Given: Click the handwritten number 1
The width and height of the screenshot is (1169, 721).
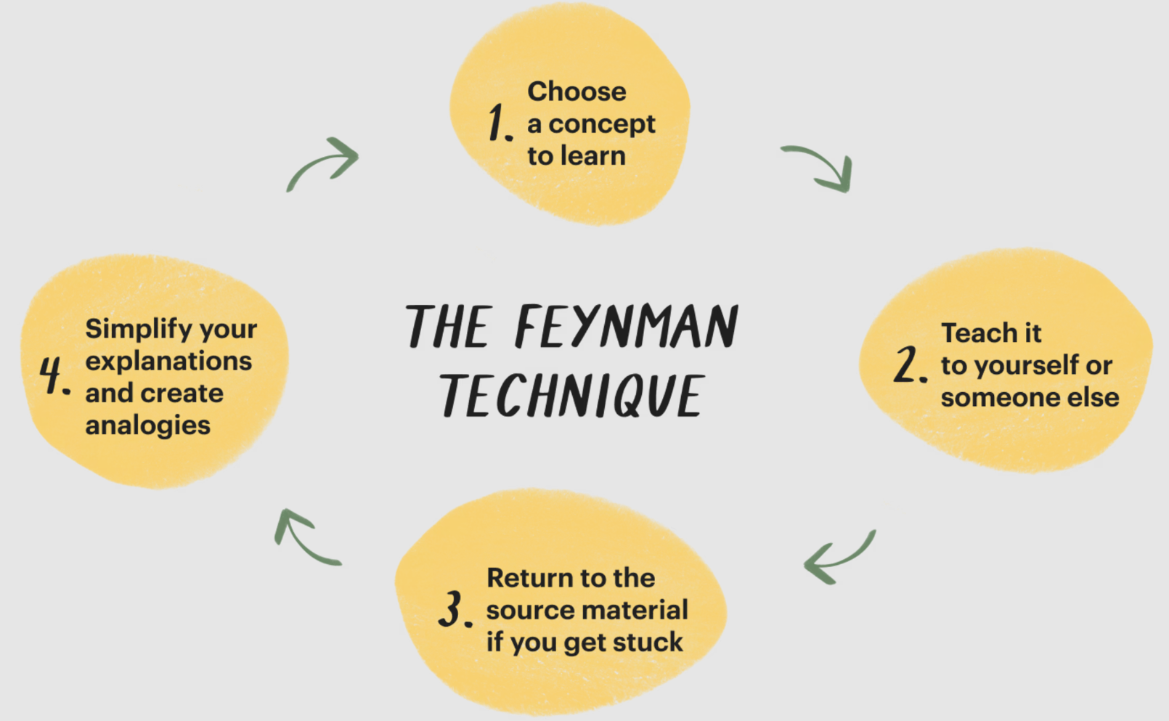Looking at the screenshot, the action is (498, 122).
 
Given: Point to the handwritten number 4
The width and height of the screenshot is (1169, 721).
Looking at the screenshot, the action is (52, 375).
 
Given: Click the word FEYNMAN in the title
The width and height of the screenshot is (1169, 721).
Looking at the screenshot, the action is (626, 327).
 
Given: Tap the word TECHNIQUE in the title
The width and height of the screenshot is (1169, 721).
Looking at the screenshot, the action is (571, 396).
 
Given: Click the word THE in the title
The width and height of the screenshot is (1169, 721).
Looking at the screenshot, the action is (448, 327).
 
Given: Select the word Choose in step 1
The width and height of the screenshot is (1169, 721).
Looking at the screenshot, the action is (577, 91).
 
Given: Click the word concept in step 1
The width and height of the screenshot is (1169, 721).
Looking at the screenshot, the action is (602, 124).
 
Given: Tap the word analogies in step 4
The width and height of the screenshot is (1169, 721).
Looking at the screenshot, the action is (147, 425).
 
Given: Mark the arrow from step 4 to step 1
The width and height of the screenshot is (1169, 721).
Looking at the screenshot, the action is (323, 163).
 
